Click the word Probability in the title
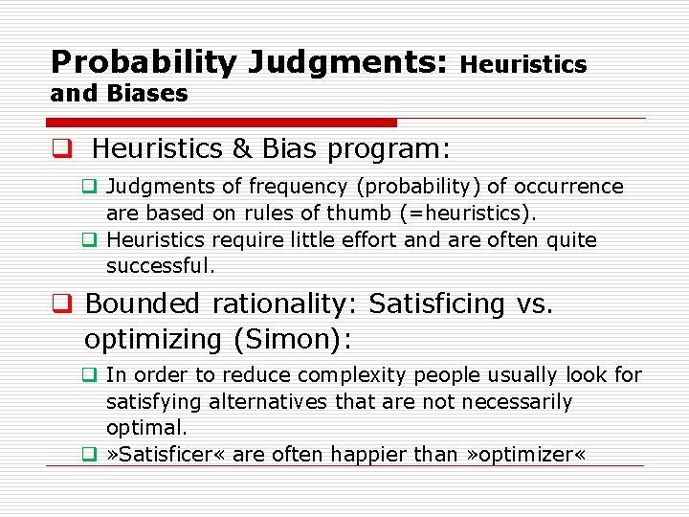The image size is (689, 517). (x=144, y=62)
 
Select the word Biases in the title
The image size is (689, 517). (x=147, y=94)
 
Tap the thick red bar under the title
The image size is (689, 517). (x=221, y=123)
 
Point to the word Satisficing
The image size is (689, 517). (x=437, y=304)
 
